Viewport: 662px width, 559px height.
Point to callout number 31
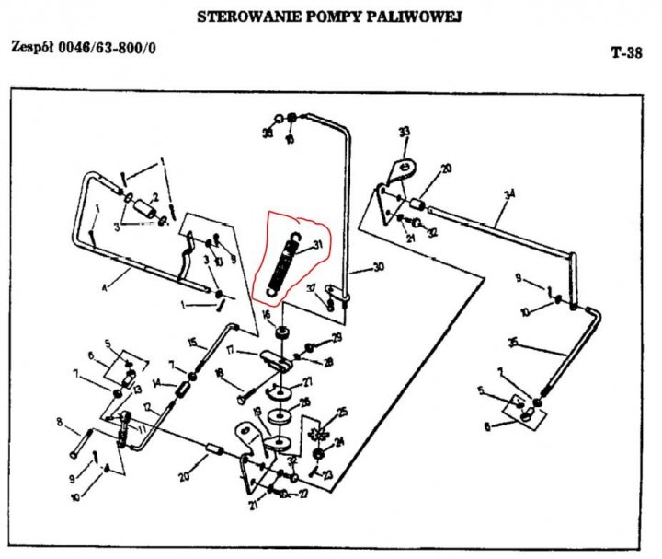coord(318,244)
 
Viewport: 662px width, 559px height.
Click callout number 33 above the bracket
coord(402,133)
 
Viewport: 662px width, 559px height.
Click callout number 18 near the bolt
coord(218,373)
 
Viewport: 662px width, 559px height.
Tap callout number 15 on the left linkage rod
coord(192,342)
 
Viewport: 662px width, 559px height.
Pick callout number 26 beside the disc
coord(305,402)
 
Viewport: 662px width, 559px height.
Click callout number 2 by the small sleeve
coord(156,195)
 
